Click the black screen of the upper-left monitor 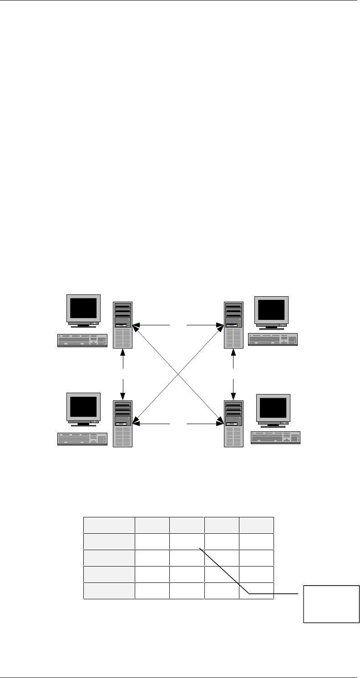click(83, 308)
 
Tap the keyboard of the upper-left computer click(82, 341)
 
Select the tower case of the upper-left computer click(123, 325)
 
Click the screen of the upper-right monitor click(271, 310)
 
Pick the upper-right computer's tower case click(233, 325)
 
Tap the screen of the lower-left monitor click(83, 407)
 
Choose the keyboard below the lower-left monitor click(82, 439)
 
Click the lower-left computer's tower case click(123, 423)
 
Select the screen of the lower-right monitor click(273, 408)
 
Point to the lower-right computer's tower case click(233, 423)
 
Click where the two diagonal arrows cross click(178, 374)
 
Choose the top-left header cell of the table click(109, 525)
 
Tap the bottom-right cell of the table click(256, 591)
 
